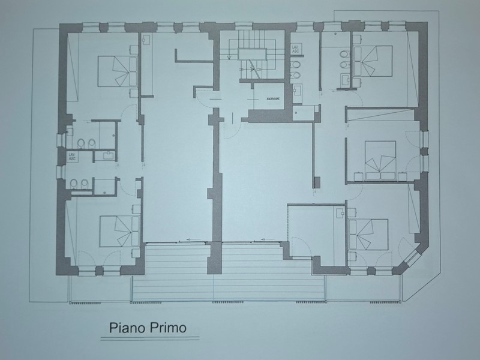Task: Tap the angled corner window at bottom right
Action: [x=413, y=258]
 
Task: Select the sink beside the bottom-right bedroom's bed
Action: [x=340, y=212]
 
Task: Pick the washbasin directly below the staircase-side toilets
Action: [x=298, y=90]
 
